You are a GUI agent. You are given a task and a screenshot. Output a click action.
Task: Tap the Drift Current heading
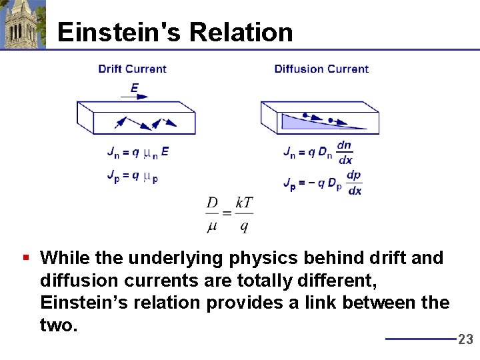click(x=132, y=69)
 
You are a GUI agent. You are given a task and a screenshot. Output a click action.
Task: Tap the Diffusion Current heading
click(x=321, y=69)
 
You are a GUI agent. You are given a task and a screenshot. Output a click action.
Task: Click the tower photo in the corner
click(x=23, y=24)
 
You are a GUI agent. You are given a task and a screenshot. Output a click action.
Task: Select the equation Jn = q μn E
click(x=138, y=152)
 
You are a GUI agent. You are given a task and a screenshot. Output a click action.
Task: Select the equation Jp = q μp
click(x=132, y=177)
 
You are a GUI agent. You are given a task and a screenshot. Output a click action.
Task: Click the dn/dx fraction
click(x=345, y=153)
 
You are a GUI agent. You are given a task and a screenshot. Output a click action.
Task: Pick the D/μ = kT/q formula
click(x=229, y=215)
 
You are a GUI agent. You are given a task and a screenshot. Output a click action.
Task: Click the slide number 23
click(x=465, y=339)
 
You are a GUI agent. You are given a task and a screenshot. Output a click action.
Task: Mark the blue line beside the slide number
click(x=420, y=339)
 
